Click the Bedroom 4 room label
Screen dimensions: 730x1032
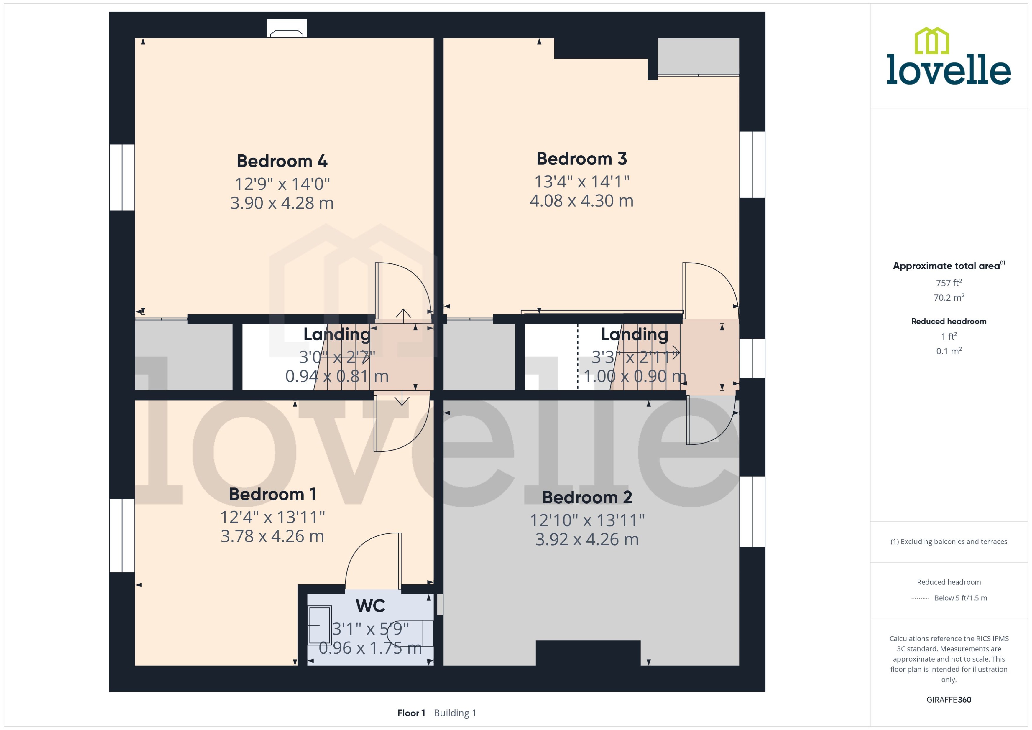[x=282, y=161]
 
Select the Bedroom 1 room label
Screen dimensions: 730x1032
[x=272, y=494]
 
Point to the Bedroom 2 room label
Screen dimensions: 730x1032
[x=587, y=497]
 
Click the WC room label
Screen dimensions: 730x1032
[x=370, y=606]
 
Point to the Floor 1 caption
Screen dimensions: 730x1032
[x=410, y=713]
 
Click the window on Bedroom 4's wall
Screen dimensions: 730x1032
[x=122, y=177]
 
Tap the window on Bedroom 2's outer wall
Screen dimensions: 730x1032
[x=752, y=512]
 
